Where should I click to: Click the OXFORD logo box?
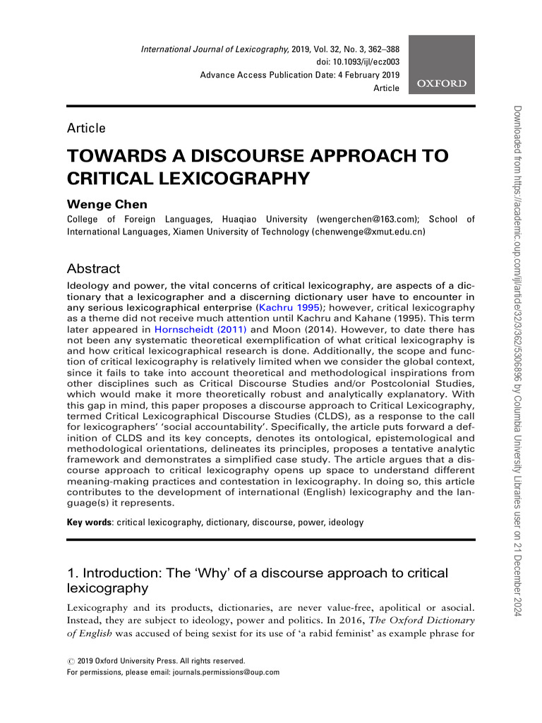(442, 64)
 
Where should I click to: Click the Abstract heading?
(93, 269)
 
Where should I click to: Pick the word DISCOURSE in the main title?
(228, 156)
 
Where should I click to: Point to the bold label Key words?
(89, 522)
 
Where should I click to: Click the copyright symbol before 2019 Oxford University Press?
(70, 661)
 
